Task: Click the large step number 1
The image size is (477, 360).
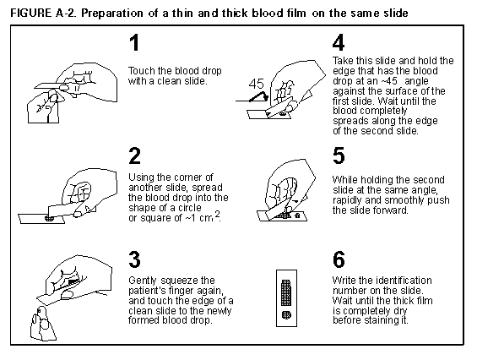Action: (134, 42)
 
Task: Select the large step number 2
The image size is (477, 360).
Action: (135, 155)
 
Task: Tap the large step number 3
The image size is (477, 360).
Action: (135, 259)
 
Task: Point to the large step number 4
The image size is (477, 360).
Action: (339, 42)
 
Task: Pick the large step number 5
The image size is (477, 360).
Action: (339, 155)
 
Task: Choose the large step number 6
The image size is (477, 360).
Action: (339, 259)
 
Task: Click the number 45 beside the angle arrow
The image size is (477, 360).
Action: (257, 84)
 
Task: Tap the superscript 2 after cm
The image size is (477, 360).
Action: (217, 214)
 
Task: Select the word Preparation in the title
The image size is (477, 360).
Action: (112, 14)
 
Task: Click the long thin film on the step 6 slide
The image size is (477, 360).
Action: (286, 292)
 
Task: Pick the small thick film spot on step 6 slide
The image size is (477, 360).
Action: (286, 314)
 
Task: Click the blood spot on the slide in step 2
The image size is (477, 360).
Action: (49, 218)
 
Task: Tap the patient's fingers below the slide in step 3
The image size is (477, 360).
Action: (43, 323)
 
